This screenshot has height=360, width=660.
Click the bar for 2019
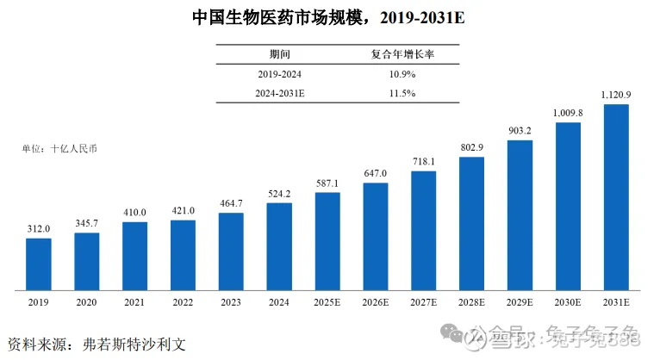38,263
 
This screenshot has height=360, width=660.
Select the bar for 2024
279,245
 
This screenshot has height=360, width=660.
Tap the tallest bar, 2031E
616,196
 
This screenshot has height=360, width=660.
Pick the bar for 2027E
423,229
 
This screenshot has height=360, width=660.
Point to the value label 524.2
279,193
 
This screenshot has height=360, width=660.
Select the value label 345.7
86,223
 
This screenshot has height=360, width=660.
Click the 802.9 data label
471,146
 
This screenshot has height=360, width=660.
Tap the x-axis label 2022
183,303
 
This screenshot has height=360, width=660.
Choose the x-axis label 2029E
520,303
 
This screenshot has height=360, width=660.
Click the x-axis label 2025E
327,303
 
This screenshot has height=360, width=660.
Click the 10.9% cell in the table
402,74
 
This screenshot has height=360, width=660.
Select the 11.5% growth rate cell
402,93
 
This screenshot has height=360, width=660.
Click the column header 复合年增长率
402,54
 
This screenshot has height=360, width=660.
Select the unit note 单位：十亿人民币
60,148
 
